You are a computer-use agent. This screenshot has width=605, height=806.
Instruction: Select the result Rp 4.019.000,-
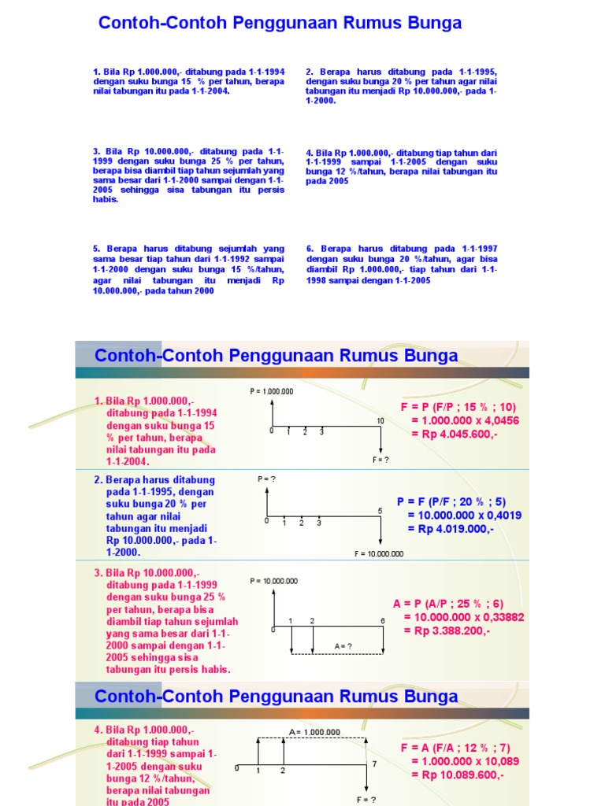pos(451,528)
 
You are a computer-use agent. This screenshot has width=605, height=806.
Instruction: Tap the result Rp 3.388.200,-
pos(447,630)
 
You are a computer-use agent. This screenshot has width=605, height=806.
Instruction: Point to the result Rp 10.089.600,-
pos(457,775)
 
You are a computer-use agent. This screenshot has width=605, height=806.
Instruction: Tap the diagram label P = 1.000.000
pos(272,391)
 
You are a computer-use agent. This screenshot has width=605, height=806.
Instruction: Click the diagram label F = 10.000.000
pos(379,553)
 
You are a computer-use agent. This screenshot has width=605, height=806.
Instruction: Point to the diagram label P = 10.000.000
pos(274,581)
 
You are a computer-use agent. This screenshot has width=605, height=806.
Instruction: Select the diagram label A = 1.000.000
pos(314,731)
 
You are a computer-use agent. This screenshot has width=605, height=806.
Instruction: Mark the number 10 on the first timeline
pos(380,421)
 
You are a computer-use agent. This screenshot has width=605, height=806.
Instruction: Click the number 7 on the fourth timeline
pos(374,764)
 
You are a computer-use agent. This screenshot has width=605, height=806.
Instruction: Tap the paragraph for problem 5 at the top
pos(188,269)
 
